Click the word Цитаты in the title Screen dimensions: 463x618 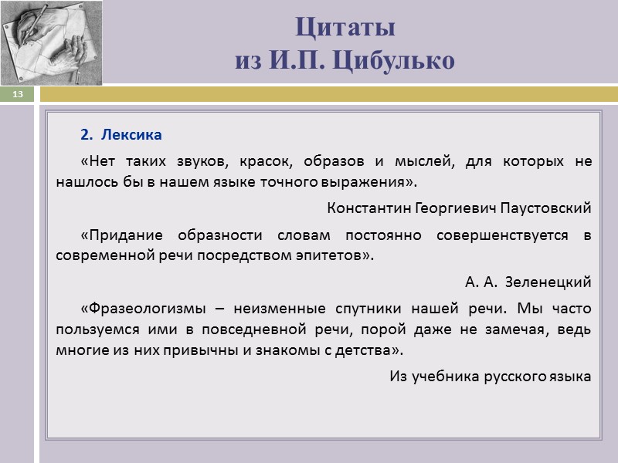[345, 28]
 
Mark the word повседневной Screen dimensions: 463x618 [239, 329]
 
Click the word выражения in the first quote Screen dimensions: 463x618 [375, 182]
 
